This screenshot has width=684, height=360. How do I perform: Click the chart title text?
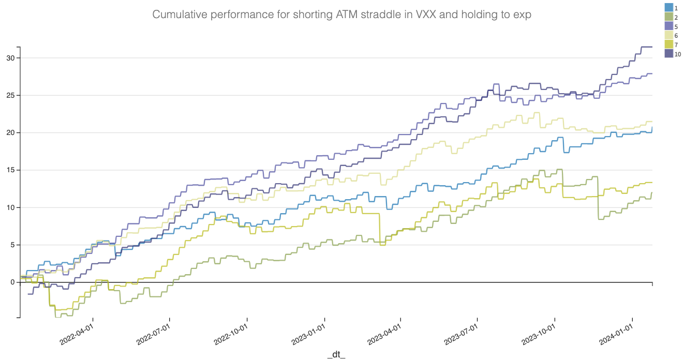(341, 14)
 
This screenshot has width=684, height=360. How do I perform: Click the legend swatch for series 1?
(668, 8)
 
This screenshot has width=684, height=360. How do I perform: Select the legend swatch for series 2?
(668, 17)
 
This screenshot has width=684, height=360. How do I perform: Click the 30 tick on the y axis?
(11, 58)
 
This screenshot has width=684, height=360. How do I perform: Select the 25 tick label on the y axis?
(11, 95)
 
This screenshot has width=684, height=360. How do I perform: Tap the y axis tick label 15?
(11, 170)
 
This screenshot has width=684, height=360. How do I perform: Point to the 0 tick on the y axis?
(13, 282)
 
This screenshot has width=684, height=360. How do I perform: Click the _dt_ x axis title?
(336, 354)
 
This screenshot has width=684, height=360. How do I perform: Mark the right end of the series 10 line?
(652, 47)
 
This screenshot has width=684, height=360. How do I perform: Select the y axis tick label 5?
(13, 245)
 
